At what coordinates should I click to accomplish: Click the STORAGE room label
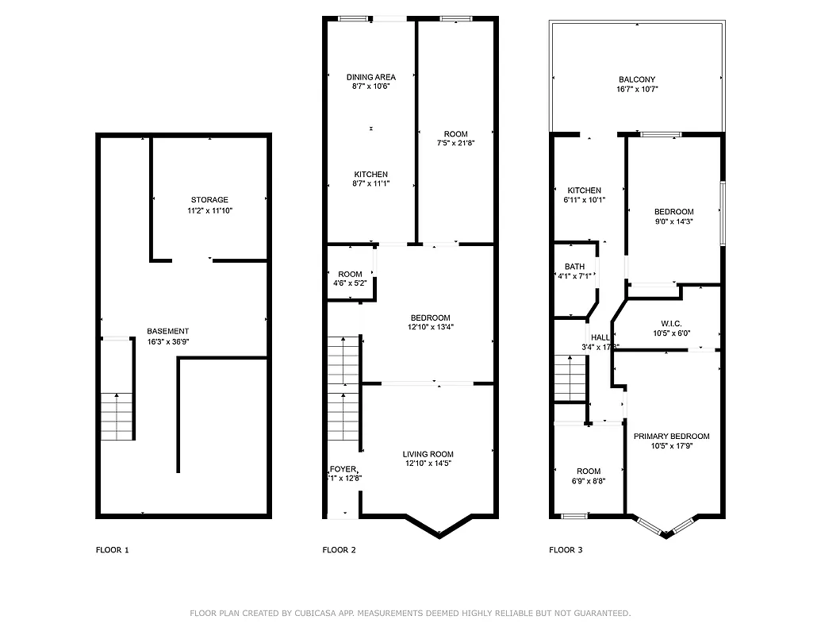click(x=209, y=200)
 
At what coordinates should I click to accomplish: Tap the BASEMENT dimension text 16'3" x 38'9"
click(x=167, y=342)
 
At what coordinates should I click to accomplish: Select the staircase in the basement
click(x=117, y=416)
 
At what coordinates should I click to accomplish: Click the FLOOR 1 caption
click(x=112, y=550)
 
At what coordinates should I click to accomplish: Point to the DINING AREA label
click(x=370, y=77)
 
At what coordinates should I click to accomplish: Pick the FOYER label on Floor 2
click(x=344, y=468)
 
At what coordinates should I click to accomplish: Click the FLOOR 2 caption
click(x=339, y=550)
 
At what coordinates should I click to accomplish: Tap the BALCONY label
click(x=637, y=79)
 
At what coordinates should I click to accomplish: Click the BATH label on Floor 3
click(x=574, y=267)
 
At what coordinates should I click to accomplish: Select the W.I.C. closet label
click(x=672, y=323)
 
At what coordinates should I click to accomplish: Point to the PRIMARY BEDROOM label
click(x=671, y=436)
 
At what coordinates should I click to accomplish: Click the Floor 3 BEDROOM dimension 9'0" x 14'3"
click(x=673, y=222)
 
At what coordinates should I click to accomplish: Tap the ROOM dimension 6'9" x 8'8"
click(x=589, y=481)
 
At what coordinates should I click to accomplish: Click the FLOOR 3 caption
click(x=566, y=550)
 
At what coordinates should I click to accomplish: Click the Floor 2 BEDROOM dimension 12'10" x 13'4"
click(x=431, y=326)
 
